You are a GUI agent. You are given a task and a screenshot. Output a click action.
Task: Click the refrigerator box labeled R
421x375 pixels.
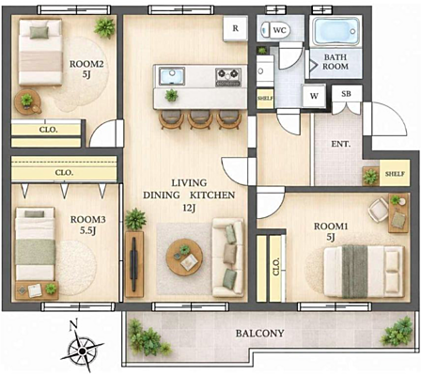point(236,28)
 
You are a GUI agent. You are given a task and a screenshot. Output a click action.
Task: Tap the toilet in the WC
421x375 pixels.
point(275,30)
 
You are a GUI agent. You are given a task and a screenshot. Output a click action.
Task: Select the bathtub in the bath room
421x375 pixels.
point(335,31)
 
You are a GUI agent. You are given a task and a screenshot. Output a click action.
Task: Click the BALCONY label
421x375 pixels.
point(260,333)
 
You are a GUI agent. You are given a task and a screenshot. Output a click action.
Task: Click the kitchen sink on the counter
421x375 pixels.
point(172,76)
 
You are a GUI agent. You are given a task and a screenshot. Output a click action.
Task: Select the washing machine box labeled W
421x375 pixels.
point(314,96)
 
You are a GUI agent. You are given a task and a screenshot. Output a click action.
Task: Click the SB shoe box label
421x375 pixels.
point(346,93)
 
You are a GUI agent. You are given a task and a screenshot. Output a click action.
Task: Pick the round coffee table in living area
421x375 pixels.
point(184,257)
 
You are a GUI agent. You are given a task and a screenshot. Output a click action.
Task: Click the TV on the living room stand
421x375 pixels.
point(134,264)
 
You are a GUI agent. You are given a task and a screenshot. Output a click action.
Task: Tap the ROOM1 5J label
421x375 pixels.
point(331,232)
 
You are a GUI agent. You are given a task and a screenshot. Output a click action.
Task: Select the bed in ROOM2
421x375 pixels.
point(40,52)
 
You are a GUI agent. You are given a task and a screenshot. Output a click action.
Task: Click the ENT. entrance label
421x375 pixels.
point(341,144)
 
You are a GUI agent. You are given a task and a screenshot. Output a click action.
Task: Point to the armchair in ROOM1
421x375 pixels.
point(379,210)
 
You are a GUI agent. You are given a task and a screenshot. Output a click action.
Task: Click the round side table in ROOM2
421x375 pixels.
point(27,102)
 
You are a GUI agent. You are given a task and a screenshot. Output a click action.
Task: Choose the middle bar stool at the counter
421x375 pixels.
point(200,119)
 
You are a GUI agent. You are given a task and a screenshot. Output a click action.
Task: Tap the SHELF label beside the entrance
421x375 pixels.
point(395,174)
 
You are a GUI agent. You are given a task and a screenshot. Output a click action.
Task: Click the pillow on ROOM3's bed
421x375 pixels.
point(35,214)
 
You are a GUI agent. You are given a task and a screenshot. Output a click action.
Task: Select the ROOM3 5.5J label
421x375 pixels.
point(87,225)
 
